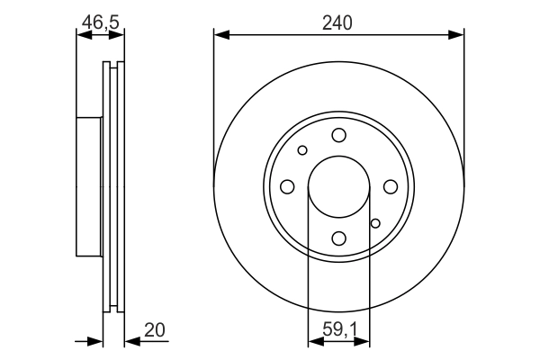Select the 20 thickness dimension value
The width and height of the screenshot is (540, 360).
155,330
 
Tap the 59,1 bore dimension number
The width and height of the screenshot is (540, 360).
338,330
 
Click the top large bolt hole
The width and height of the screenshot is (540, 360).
338,135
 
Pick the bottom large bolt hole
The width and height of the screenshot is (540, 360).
338,238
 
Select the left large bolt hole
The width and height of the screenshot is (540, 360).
287,186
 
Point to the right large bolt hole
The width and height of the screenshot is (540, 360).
390,186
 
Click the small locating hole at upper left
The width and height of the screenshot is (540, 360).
302,150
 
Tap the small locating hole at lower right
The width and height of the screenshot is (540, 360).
375,222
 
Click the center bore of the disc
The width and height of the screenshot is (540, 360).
338,186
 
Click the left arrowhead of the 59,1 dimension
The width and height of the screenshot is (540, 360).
314,341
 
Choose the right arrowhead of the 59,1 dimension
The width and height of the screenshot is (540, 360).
363,341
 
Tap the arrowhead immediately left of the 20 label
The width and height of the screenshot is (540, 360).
131,341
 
